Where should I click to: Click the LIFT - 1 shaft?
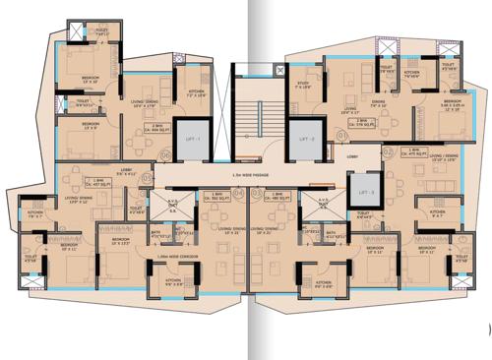click(192, 141)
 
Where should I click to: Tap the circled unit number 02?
click(389, 151)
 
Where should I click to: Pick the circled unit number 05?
click(147, 179)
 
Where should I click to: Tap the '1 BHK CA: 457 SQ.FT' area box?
click(96, 183)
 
